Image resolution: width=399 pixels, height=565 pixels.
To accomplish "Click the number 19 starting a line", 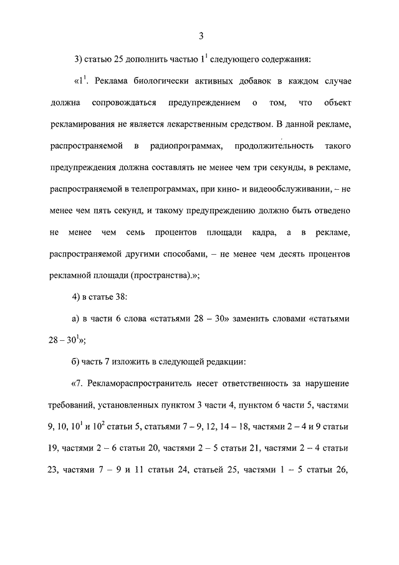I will click(x=55, y=448).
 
